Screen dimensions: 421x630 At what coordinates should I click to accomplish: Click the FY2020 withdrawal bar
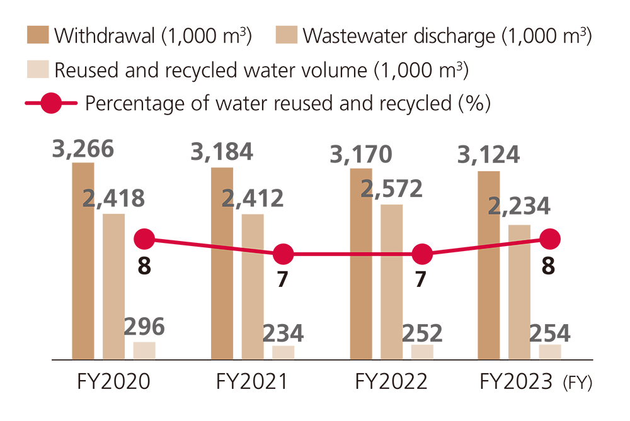coord(83,261)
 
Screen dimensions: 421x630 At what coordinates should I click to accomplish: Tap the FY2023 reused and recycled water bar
coord(550,352)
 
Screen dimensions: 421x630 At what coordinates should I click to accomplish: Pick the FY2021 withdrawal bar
coord(222,263)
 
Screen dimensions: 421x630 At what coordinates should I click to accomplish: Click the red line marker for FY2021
coord(283,255)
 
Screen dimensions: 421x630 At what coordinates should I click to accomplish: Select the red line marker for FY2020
coord(145,239)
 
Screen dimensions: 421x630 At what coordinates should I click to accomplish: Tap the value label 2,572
coord(392,189)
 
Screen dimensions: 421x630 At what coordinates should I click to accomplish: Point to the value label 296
coord(144,327)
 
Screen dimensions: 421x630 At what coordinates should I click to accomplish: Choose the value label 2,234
coord(519,206)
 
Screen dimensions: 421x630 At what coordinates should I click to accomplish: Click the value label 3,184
coord(222,152)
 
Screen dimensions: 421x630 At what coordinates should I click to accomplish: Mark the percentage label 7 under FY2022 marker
coord(422,279)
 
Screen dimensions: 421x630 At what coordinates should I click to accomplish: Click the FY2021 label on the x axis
coord(251,382)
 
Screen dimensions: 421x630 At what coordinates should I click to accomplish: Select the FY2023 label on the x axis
coord(516,382)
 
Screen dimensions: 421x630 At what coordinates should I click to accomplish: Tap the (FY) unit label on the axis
coord(577,383)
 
